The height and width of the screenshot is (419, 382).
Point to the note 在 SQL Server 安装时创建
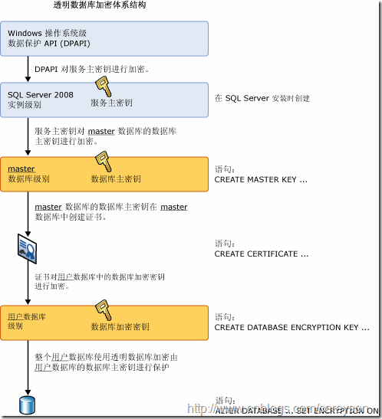[262, 98]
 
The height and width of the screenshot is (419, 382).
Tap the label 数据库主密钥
[116, 179]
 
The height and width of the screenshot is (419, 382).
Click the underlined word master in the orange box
[21, 169]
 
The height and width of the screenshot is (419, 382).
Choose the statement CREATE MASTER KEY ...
[261, 179]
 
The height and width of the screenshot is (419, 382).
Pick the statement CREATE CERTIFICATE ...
[262, 254]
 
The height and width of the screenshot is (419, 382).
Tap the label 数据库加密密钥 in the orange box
[120, 327]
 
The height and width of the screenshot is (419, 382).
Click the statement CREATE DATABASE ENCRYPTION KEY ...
[287, 327]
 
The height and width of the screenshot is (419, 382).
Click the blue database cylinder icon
[28, 404]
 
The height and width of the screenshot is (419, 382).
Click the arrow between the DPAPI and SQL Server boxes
[28, 70]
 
